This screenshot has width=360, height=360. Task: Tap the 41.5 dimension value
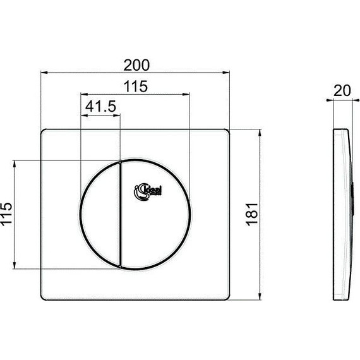tap(101, 107)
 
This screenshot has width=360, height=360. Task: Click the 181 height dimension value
tap(252, 215)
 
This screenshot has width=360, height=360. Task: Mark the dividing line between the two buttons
tap(119, 215)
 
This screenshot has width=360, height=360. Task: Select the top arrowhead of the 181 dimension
tap(260, 132)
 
